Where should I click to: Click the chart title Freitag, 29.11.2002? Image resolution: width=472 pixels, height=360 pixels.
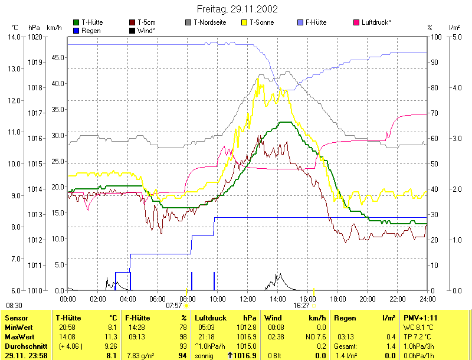pyautogui.click(x=236, y=9)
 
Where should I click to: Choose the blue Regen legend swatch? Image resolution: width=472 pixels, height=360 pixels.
pyautogui.click(x=76, y=30)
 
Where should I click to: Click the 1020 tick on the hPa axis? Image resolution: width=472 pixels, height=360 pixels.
pyautogui.click(x=34, y=37)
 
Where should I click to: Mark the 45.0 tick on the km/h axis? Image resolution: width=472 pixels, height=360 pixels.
pyautogui.click(x=56, y=57)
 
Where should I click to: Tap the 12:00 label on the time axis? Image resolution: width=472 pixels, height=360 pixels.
pyautogui.click(x=248, y=298)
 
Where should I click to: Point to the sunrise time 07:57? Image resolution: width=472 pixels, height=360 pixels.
pyautogui.click(x=174, y=306)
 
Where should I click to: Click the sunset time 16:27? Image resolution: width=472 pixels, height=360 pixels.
pyautogui.click(x=301, y=306)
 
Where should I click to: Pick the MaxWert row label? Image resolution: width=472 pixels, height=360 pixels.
pyautogui.click(x=18, y=336)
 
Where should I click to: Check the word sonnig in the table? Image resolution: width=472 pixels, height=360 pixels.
pyautogui.click(x=204, y=355)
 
